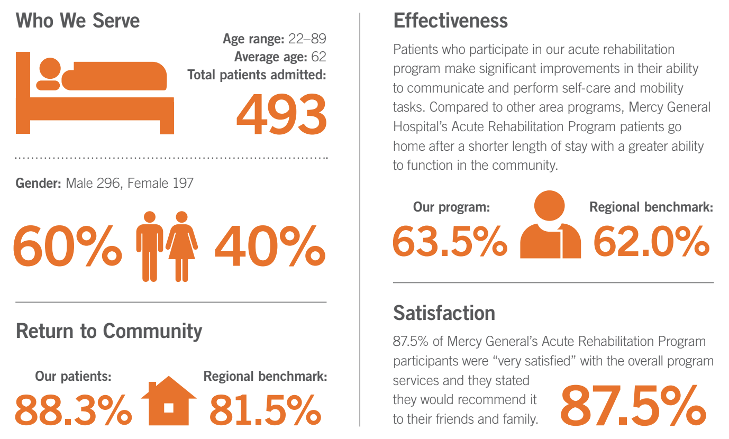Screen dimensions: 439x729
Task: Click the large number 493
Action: pyautogui.click(x=281, y=114)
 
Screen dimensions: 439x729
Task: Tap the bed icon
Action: pyautogui.click(x=94, y=93)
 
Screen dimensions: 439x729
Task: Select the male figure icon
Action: pyautogui.click(x=149, y=246)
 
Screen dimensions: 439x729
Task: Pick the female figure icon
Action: pyautogui.click(x=181, y=246)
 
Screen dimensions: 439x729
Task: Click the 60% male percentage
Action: pyautogui.click(x=67, y=246)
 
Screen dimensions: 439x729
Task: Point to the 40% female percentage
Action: pyautogui.click(x=269, y=246)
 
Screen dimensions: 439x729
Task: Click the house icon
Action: pyautogui.click(x=169, y=400)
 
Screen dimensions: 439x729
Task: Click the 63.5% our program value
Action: pyautogui.click(x=449, y=241)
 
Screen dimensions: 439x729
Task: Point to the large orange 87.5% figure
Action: pyautogui.click(x=633, y=407)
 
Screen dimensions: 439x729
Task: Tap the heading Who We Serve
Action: pyautogui.click(x=78, y=21)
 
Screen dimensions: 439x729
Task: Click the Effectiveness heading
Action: pyautogui.click(x=450, y=21)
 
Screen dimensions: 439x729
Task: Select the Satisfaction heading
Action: pyautogui.click(x=444, y=313)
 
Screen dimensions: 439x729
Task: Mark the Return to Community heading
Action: pyautogui.click(x=109, y=331)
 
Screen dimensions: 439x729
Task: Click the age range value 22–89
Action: pyautogui.click(x=307, y=39)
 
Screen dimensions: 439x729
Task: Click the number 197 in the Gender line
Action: pyautogui.click(x=183, y=183)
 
